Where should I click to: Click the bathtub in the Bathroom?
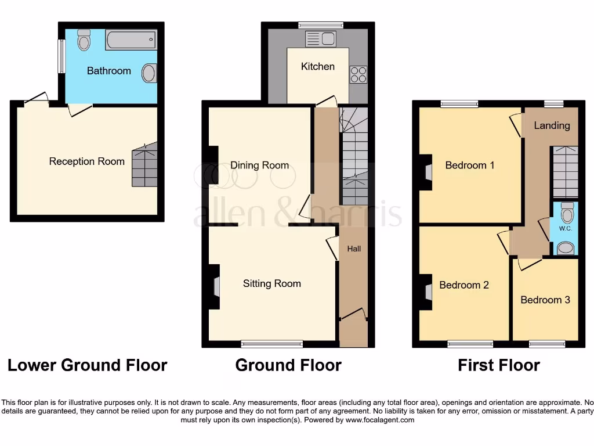pos(131,39)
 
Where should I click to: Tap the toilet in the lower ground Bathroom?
pos(84,40)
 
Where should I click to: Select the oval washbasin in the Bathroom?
pos(149,74)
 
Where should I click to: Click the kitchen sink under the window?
pos(320,39)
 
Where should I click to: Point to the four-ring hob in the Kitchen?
pos(358,74)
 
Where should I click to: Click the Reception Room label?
pos(86,161)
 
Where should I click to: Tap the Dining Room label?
pos(259,165)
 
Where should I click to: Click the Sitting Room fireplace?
pos(215,287)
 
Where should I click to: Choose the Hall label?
pos(354,249)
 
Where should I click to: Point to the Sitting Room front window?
pos(271,343)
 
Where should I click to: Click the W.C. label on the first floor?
pos(566,228)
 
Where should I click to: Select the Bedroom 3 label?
pos(545,300)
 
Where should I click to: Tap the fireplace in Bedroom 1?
pos(427,172)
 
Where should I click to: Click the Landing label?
pos(552,125)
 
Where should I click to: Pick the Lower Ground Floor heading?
pos(87,365)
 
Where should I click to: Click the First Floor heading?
pos(498,365)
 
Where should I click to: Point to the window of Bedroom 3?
pos(546,343)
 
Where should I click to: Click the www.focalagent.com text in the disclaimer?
pos(379,420)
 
